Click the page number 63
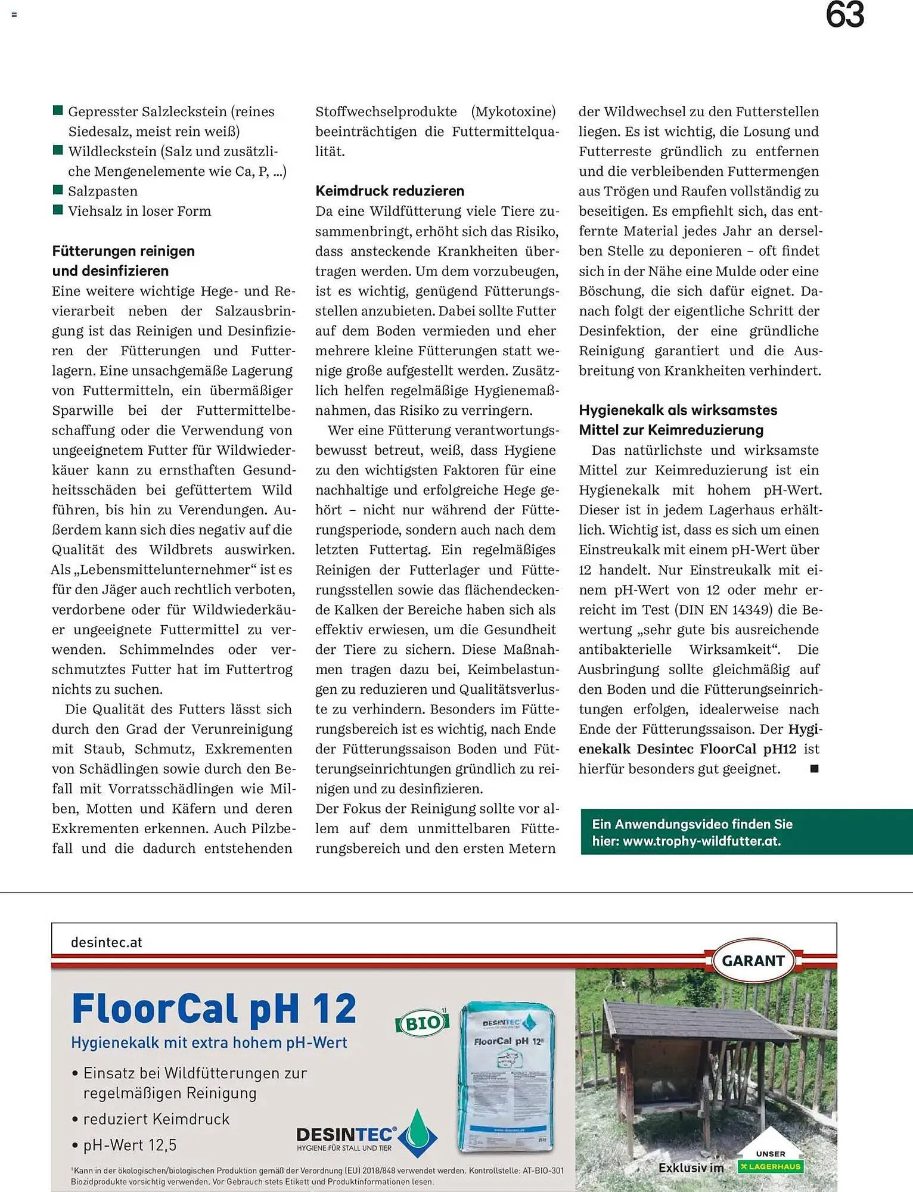[x=844, y=15]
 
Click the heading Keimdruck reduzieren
[x=389, y=191]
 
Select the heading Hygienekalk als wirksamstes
[x=678, y=410]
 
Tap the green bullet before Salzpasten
[x=58, y=190]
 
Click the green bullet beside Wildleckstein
[x=58, y=150]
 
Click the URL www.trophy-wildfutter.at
[x=701, y=841]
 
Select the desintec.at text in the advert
[x=106, y=942]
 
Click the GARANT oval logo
[x=753, y=961]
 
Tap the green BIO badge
[x=422, y=1023]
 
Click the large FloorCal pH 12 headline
[x=213, y=1008]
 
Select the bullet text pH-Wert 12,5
[x=129, y=1145]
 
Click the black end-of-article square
[x=814, y=769]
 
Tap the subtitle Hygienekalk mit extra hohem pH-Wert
[x=209, y=1043]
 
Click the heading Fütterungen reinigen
[x=123, y=251]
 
